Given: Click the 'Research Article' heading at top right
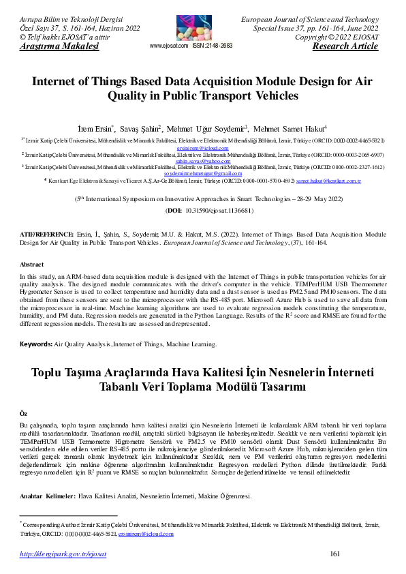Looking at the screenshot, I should pos(345,46).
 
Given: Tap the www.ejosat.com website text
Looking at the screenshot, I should pos(168,46).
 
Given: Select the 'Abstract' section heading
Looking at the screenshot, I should pos(32,264).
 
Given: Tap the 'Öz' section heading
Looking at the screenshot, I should pos(24,414).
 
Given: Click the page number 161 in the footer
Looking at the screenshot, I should pos(334,554).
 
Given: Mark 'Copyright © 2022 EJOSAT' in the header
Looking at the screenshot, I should pos(341,37).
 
